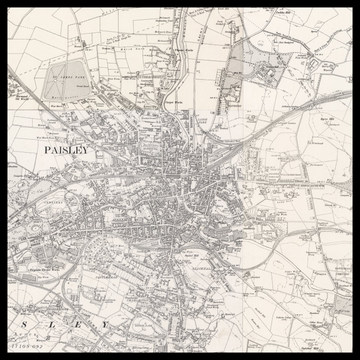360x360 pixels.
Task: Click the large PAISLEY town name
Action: pyautogui.click(x=67, y=149)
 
